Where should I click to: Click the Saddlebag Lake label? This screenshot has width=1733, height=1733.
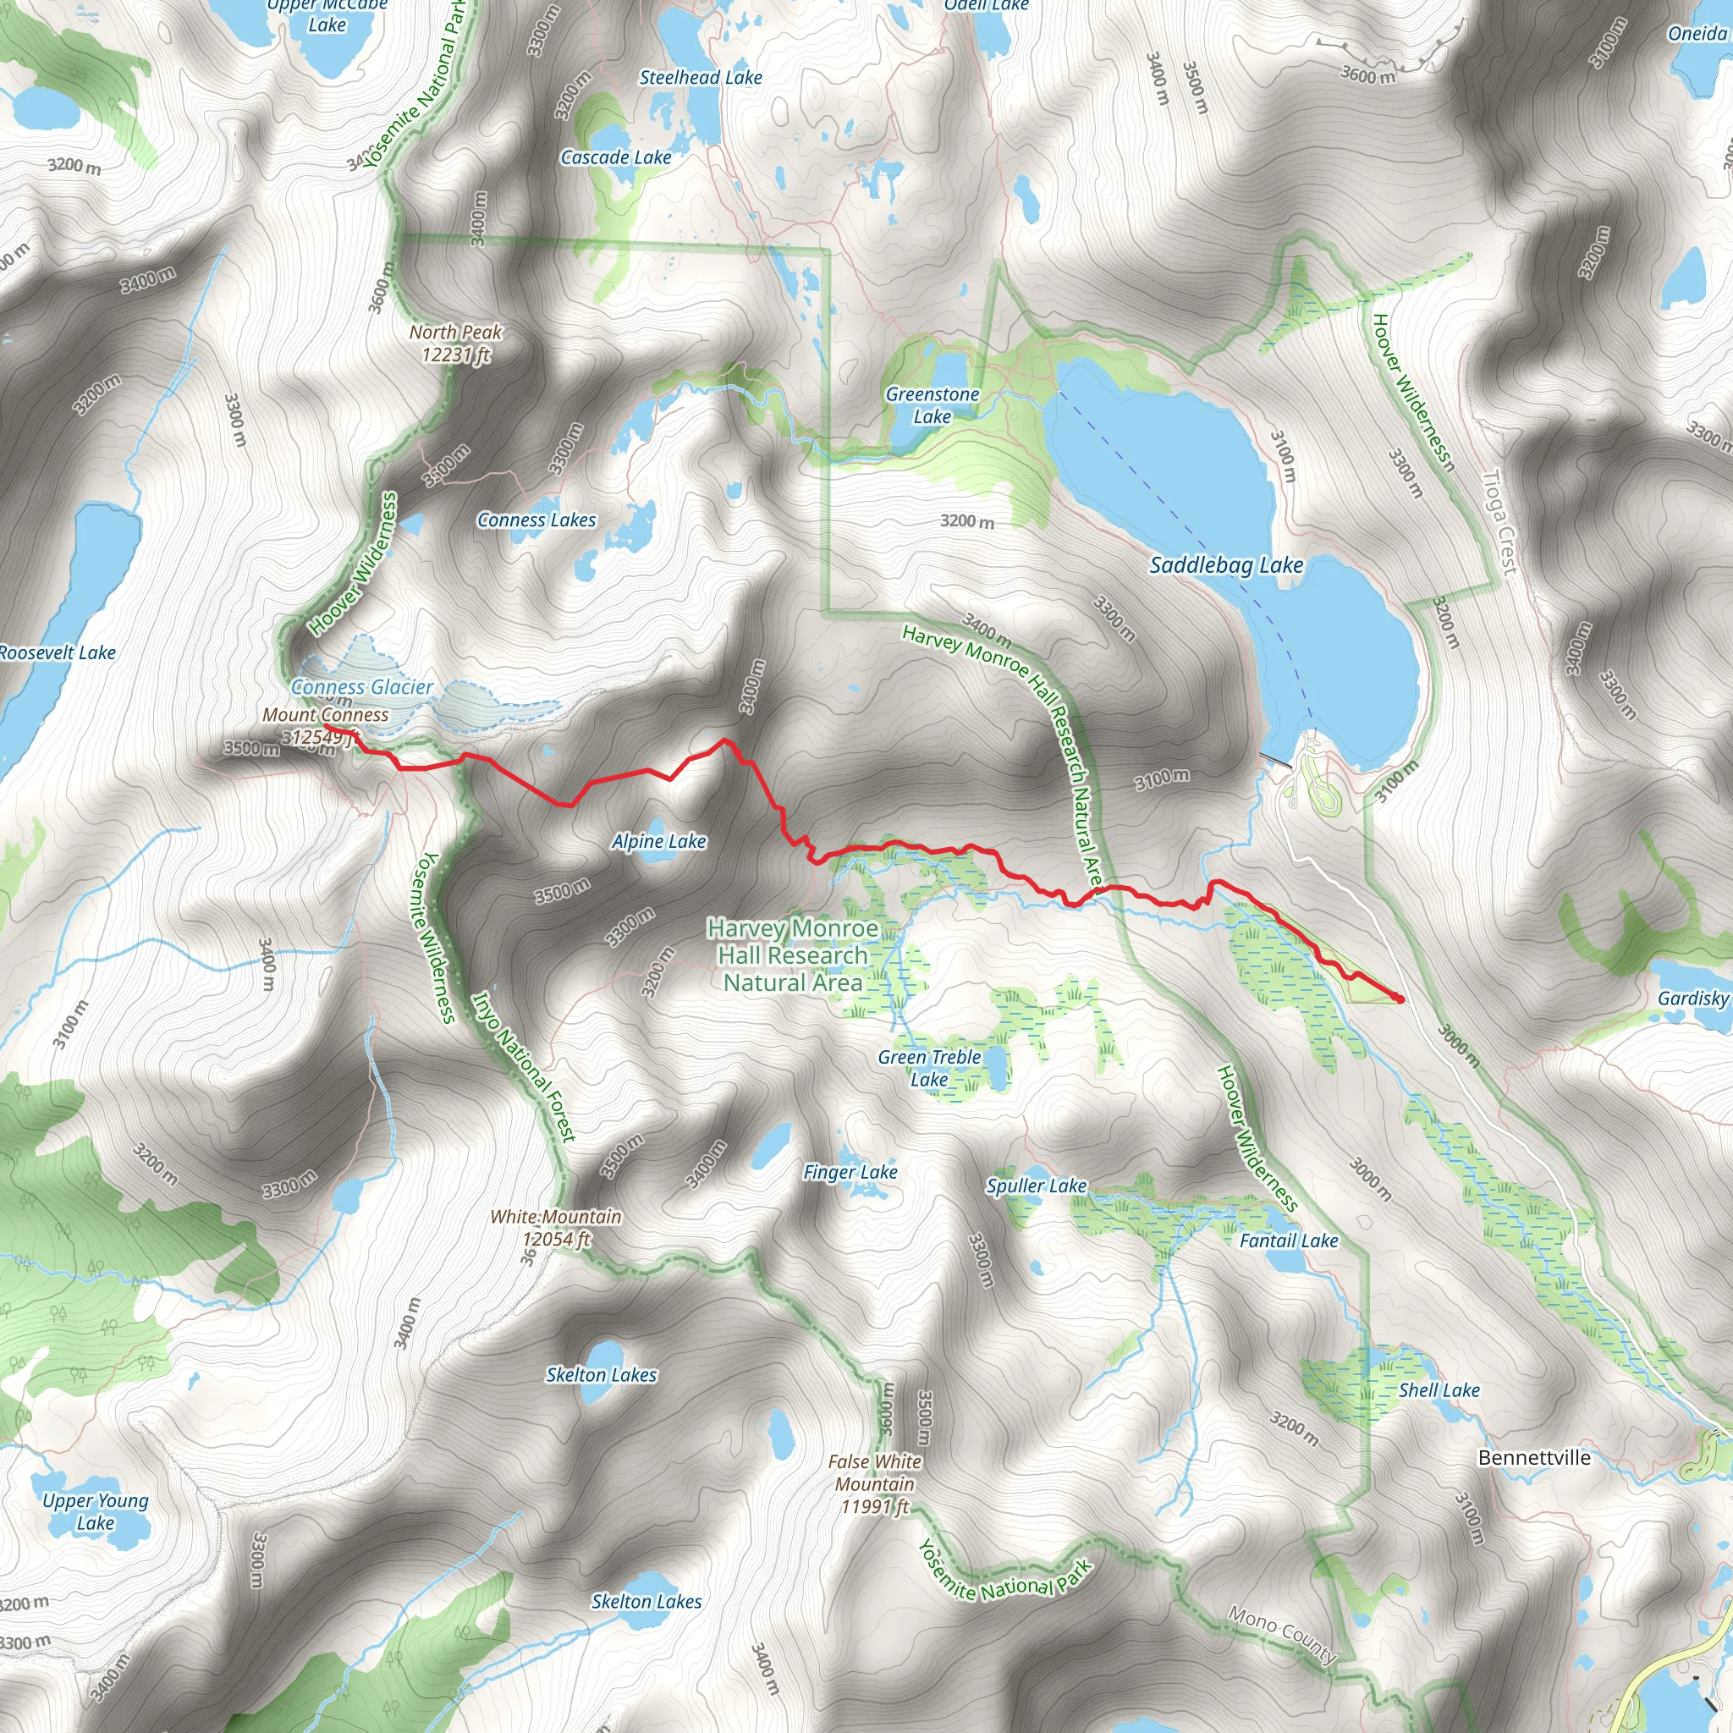pyautogui.click(x=1225, y=565)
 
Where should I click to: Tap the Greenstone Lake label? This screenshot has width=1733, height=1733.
pyautogui.click(x=932, y=405)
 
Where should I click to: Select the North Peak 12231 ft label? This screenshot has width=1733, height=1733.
pyautogui.click(x=456, y=344)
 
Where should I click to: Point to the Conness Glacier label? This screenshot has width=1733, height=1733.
pyautogui.click(x=361, y=687)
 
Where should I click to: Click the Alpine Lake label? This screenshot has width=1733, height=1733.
pyautogui.click(x=658, y=841)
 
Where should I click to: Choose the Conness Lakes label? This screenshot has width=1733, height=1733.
pyautogui.click(x=536, y=520)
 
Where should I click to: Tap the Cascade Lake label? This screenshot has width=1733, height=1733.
pyautogui.click(x=615, y=158)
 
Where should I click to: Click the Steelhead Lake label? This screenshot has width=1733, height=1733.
pyautogui.click(x=701, y=78)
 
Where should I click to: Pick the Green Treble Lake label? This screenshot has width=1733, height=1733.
pyautogui.click(x=929, y=1069)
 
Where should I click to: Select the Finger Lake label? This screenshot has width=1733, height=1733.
pyautogui.click(x=850, y=1171)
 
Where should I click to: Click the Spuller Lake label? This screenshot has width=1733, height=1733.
pyautogui.click(x=1036, y=1186)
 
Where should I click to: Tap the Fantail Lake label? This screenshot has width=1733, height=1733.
pyautogui.click(x=1288, y=1241)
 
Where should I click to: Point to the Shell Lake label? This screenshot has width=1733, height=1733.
pyautogui.click(x=1439, y=1390)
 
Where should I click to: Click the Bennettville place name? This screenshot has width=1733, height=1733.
pyautogui.click(x=1534, y=1458)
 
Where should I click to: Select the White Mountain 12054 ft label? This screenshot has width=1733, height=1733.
pyautogui.click(x=556, y=1228)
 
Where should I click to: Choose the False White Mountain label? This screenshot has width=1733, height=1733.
pyautogui.click(x=875, y=1484)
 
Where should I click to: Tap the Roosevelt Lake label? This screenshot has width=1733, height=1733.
pyautogui.click(x=57, y=653)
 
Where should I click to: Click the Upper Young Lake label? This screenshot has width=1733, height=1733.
pyautogui.click(x=95, y=1511)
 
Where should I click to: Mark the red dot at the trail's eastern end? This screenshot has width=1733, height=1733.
pyautogui.click(x=1400, y=999)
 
